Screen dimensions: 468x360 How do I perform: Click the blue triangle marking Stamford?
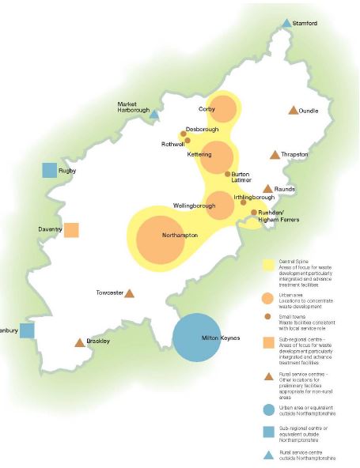[287, 24]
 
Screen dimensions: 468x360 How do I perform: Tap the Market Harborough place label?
[133, 108]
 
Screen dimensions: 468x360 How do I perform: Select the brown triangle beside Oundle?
[294, 111]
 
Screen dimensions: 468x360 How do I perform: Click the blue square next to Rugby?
[50, 170]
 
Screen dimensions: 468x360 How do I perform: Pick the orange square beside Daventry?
[71, 230]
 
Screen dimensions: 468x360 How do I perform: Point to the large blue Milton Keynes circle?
[198, 338]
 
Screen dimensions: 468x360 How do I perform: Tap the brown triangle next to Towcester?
[130, 293]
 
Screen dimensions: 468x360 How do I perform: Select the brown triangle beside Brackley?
[79, 342]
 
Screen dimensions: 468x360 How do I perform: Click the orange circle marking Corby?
[224, 109]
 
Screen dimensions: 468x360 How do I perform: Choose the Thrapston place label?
[294, 155]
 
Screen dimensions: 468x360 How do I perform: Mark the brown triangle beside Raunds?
[267, 189]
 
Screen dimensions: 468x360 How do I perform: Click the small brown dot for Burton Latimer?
[227, 174]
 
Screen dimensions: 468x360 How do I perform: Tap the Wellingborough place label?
[194, 206]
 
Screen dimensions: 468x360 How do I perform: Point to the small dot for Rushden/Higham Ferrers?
[254, 213]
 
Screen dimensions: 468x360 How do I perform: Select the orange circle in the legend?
[268, 298]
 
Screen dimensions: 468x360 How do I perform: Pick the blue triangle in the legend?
[268, 454]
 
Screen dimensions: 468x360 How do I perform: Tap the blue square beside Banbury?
[28, 330]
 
